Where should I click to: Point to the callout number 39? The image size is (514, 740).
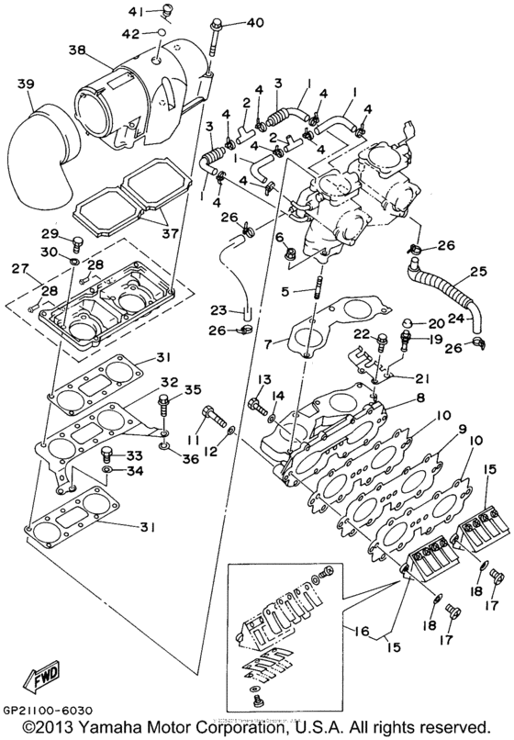26,85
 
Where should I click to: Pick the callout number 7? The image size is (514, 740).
269,344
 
